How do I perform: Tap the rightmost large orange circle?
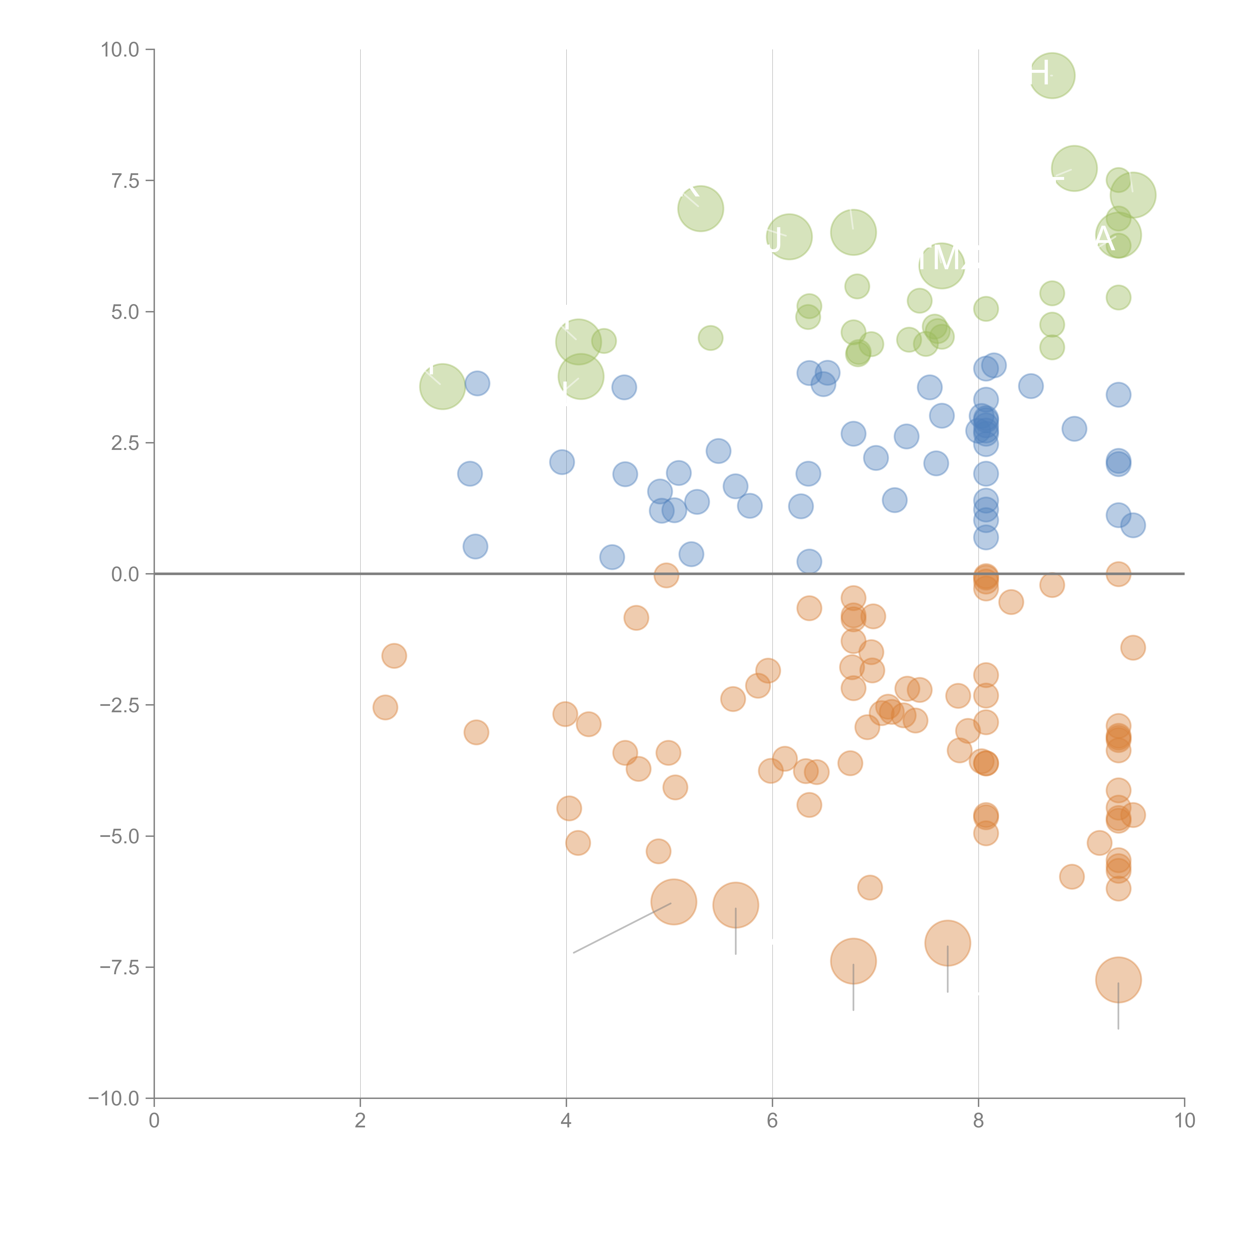click(x=1118, y=980)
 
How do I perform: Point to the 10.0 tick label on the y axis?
click(x=120, y=50)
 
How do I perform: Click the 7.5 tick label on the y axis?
click(x=125, y=181)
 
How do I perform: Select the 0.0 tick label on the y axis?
click(x=125, y=574)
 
